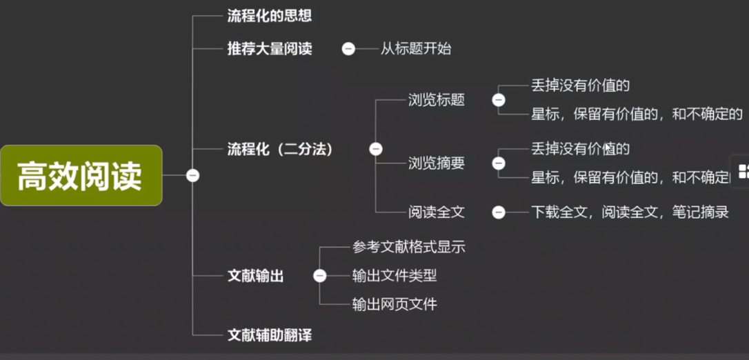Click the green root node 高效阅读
[81, 175]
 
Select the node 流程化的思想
[265, 16]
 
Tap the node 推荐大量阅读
[270, 49]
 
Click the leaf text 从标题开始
[416, 49]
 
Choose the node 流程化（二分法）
[280, 149]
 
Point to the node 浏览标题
[436, 100]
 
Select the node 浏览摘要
[436, 163]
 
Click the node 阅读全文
[436, 212]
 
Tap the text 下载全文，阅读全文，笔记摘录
[630, 212]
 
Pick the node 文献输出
[256, 276]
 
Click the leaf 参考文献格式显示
[408, 247]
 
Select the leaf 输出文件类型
[394, 276]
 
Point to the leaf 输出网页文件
[394, 304]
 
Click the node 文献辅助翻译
[270, 336]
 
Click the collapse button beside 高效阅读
[193, 175]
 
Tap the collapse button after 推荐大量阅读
[349, 49]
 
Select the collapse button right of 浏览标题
[498, 100]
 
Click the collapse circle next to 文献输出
[319, 276]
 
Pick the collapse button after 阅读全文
[498, 212]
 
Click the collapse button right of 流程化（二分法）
[376, 149]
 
